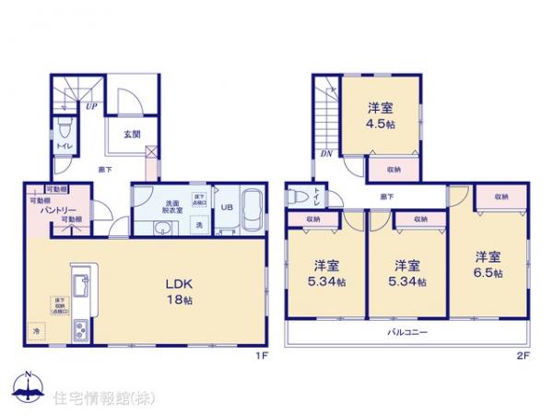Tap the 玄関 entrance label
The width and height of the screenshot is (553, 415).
pyautogui.click(x=131, y=134)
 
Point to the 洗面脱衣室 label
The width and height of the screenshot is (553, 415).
pyautogui.click(x=172, y=207)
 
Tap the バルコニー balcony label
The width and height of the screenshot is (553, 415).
pyautogui.click(x=406, y=332)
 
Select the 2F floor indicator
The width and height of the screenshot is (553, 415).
pyautogui.click(x=522, y=353)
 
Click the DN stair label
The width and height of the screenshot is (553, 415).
pyautogui.click(x=326, y=154)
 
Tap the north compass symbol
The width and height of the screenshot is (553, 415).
pyautogui.click(x=28, y=387)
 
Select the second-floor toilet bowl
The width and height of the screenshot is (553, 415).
pyautogui.click(x=298, y=196)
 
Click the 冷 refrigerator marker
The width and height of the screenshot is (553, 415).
pyautogui.click(x=37, y=329)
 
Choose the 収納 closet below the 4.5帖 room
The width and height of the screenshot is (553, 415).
pyautogui.click(x=394, y=169)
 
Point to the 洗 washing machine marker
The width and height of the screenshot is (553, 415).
pyautogui.click(x=198, y=225)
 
